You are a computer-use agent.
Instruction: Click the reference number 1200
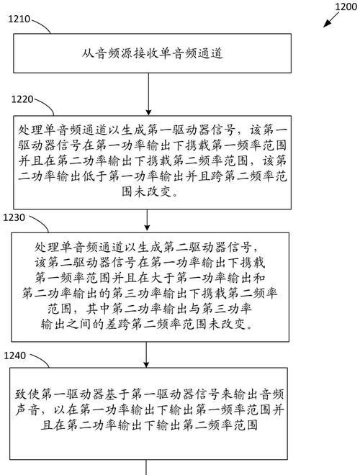[x=346, y=6]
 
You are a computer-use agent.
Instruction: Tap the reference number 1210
[x=19, y=19]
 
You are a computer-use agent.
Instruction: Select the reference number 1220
[x=22, y=99]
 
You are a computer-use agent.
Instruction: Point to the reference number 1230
[x=14, y=217]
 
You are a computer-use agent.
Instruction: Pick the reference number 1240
[x=15, y=356]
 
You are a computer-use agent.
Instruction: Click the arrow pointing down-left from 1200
[x=331, y=19]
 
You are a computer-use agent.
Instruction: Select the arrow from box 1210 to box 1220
[x=148, y=94]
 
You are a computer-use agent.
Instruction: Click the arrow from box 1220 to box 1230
[x=147, y=220]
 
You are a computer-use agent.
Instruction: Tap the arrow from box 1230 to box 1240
[x=146, y=355]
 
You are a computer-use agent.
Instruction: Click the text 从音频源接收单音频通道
[x=153, y=54]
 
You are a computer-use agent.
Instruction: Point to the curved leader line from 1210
[x=41, y=26]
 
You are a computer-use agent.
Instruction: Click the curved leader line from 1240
[x=40, y=360]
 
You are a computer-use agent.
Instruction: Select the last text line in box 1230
[x=147, y=325]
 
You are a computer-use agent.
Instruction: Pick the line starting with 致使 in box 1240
[x=149, y=394]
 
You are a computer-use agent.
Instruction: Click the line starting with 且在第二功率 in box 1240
[x=149, y=425]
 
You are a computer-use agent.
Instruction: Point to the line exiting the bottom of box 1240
[x=146, y=467]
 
